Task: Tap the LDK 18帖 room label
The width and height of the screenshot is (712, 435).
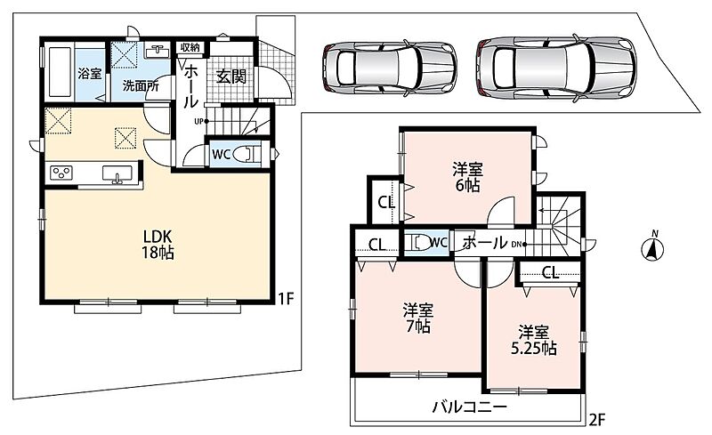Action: pyautogui.click(x=158, y=245)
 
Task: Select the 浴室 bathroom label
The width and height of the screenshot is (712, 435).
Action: pyautogui.click(x=90, y=74)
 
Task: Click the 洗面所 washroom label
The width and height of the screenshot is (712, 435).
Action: pyautogui.click(x=141, y=85)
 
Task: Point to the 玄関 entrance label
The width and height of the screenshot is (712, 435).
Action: pyautogui.click(x=231, y=77)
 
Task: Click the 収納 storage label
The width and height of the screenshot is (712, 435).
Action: pyautogui.click(x=190, y=47)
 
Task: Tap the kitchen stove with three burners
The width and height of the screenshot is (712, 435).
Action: pyautogui.click(x=61, y=173)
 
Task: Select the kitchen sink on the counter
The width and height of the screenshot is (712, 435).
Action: pyautogui.click(x=117, y=173)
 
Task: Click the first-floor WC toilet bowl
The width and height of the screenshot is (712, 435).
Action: pyautogui.click(x=247, y=154)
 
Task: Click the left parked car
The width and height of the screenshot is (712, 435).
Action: pyautogui.click(x=390, y=68)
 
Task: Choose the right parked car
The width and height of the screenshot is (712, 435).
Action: pyautogui.click(x=556, y=67)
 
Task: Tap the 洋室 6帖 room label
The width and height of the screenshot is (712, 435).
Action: pyautogui.click(x=467, y=178)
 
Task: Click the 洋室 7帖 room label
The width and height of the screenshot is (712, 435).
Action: pyautogui.click(x=417, y=318)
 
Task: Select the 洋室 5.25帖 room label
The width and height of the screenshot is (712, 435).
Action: pyautogui.click(x=534, y=340)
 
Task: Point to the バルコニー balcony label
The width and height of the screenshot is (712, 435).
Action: pyautogui.click(x=469, y=407)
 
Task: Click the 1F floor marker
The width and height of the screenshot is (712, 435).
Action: pyautogui.click(x=287, y=298)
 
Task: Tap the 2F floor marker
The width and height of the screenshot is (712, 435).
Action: pyautogui.click(x=597, y=420)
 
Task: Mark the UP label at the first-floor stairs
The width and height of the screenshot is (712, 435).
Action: pyautogui.click(x=198, y=121)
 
